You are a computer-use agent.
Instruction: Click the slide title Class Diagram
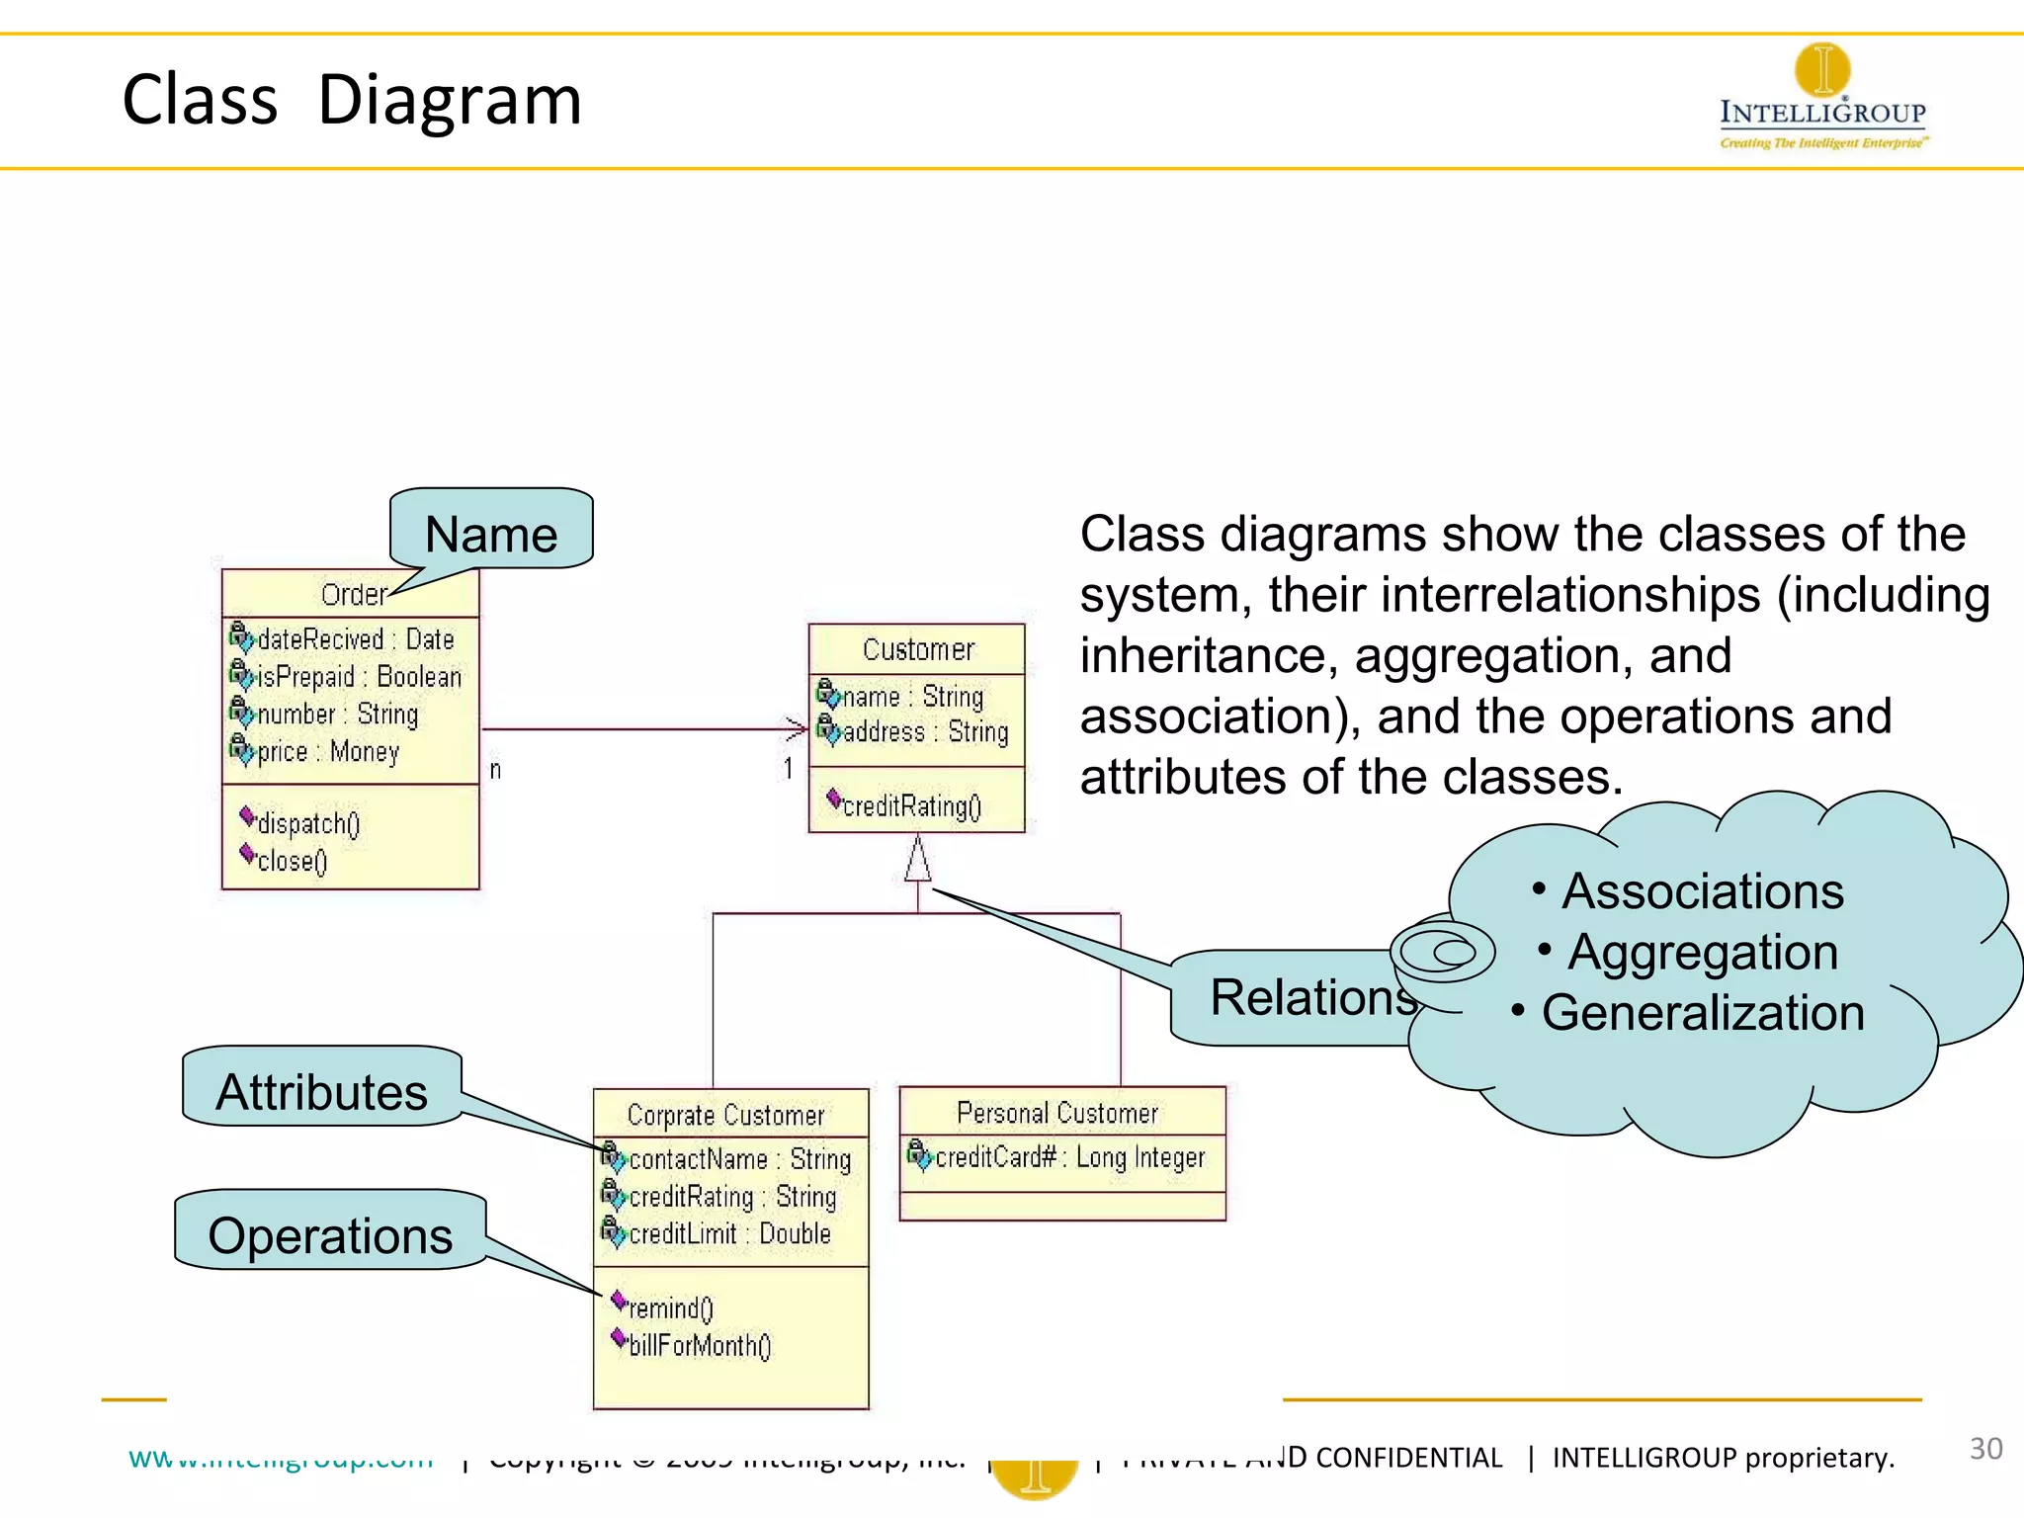352,101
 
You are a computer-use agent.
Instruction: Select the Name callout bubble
491,534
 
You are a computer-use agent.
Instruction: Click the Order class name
353,595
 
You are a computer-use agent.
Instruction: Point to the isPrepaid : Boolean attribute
358,677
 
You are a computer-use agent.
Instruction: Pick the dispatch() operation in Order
307,823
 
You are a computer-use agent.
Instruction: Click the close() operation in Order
291,861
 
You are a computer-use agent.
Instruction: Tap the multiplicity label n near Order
495,769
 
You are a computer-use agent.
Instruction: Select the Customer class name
918,649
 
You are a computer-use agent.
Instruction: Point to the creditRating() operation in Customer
910,806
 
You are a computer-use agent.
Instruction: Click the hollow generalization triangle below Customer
917,859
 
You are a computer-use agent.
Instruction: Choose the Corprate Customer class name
725,1115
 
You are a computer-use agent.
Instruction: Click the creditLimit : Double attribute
728,1233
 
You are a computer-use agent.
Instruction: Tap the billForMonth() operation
699,1345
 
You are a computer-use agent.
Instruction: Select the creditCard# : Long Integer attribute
1068,1156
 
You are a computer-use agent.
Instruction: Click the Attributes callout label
322,1092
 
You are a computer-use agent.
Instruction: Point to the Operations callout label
330,1235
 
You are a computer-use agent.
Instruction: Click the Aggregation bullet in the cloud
1701,953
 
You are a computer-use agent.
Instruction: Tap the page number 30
1985,1449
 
